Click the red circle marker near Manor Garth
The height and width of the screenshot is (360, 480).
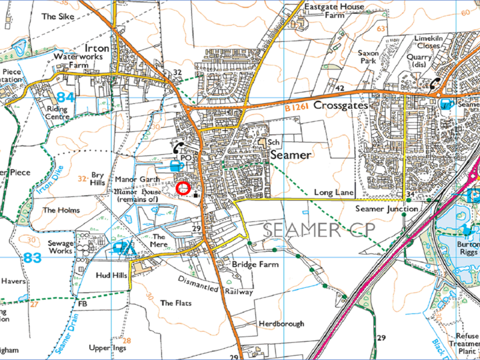point(183,188)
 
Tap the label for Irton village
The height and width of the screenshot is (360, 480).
point(97,48)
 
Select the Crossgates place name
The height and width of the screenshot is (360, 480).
point(340,105)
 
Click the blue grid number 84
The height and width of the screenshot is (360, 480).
point(66,98)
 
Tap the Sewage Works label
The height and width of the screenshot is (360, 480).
point(60,247)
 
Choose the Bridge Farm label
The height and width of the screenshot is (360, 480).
point(255,264)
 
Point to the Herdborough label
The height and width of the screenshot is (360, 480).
point(281,323)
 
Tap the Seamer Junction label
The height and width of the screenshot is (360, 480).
point(386,209)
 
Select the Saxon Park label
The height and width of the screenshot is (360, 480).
point(367,57)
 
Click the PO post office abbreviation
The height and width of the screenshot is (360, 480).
point(186,158)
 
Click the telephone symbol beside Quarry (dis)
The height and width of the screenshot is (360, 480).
point(435,83)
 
